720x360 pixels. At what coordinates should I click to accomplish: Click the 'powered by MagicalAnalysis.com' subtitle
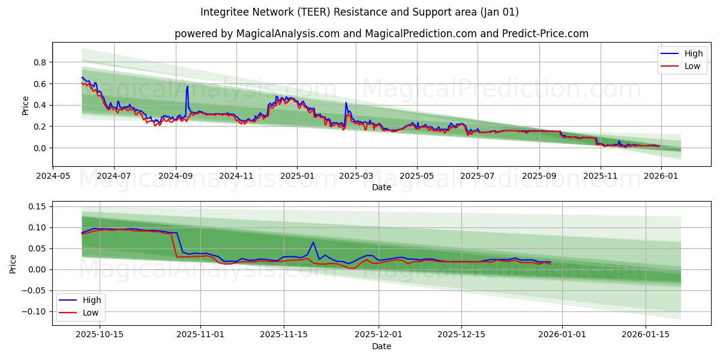coord(381,34)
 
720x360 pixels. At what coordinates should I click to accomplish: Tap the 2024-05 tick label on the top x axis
coord(53,176)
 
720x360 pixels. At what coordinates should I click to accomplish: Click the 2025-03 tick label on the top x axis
coord(356,176)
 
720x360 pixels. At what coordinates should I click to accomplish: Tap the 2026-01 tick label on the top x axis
coord(661,176)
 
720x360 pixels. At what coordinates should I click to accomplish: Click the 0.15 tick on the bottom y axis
coord(37,206)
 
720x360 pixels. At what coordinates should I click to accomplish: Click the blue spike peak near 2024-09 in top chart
coord(187,86)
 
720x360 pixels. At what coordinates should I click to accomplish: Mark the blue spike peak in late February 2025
coord(346,103)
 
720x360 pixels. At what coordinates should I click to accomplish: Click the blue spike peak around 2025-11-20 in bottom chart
coord(313,242)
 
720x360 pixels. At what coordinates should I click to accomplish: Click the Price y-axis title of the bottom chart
coord(13,263)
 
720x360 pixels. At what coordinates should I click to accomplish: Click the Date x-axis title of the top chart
coord(381,187)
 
